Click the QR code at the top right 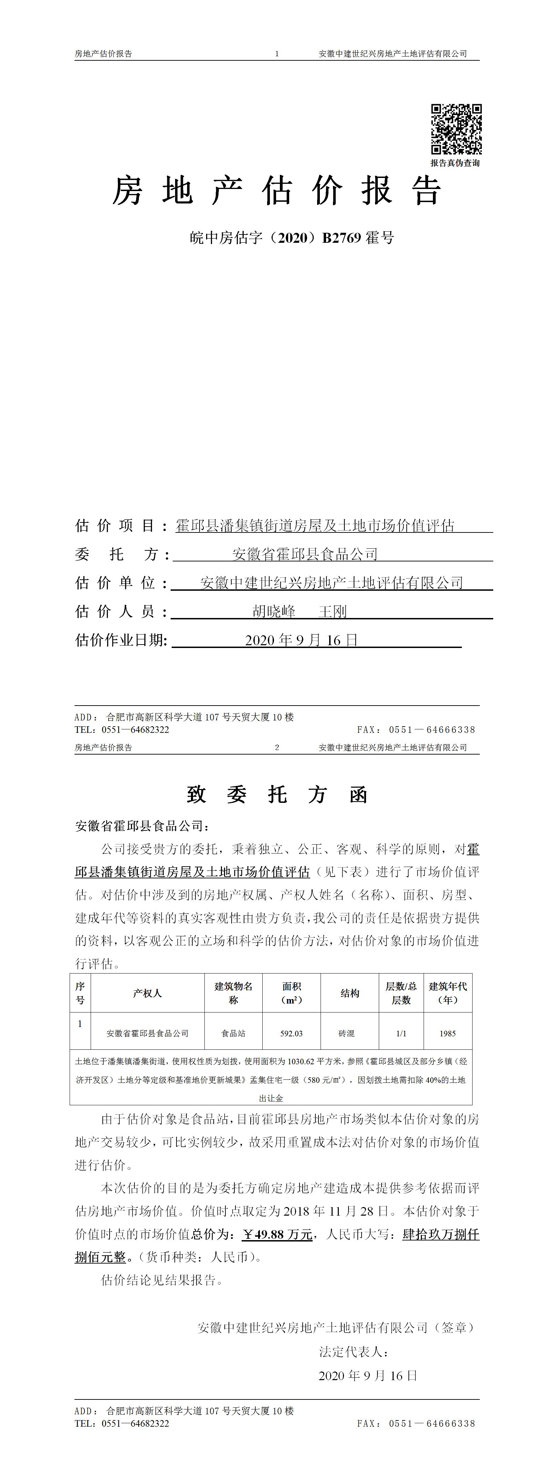pos(456,129)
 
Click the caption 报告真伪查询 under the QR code pos(455,163)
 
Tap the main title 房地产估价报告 pos(277,191)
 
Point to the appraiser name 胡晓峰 pos(274,611)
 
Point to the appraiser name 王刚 pos(332,611)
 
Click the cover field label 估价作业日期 pos(121,640)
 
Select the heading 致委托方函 pos(277,795)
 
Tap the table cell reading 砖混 pos(346,1033)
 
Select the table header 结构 pos(350,993)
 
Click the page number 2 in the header pos(277,747)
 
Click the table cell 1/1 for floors pos(401,1033)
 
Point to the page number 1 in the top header pos(277,54)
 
